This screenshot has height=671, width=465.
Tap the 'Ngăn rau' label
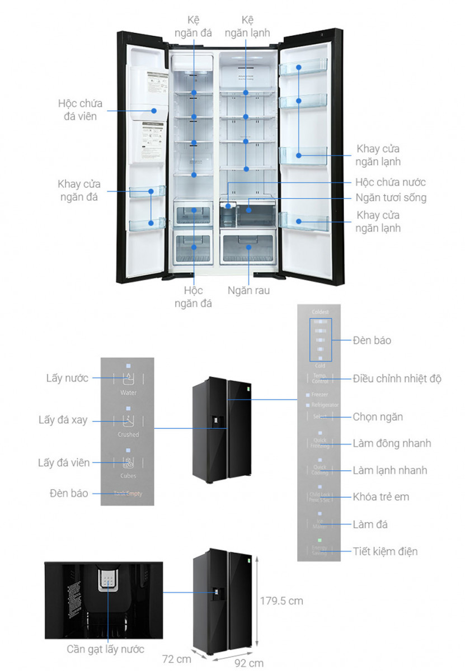248,291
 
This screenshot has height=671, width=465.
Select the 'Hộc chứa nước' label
391,182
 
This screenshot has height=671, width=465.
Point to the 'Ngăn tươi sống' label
391,197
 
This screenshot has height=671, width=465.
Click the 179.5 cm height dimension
281,601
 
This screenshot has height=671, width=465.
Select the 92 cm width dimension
248,663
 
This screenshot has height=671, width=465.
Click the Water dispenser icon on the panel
128,379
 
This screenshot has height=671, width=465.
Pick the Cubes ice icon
128,462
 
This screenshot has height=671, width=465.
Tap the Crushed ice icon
128,420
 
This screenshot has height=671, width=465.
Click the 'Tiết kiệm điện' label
385,551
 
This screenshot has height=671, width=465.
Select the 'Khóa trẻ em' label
381,497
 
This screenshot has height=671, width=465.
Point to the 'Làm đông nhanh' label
392,443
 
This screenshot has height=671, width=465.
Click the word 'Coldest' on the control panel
320,312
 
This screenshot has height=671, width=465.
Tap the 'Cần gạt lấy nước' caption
106,649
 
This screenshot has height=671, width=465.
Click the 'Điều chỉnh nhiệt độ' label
397,379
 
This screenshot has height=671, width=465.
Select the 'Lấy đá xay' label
63,420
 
